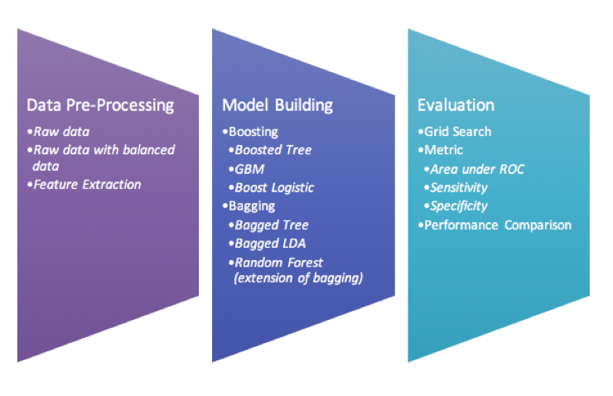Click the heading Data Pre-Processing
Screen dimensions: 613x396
100,105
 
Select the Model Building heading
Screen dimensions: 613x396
278,105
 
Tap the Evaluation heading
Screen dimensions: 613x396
456,105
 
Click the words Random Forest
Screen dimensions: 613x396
278,263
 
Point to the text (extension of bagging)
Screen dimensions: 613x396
298,278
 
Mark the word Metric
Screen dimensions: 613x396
444,150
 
